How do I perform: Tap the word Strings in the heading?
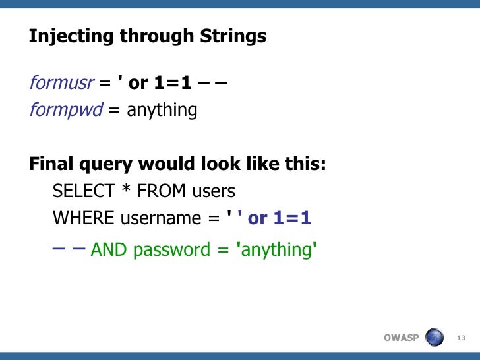[x=233, y=37]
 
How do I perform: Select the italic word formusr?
[x=60, y=84]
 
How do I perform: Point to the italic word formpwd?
[x=66, y=109]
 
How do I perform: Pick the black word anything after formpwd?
[x=162, y=109]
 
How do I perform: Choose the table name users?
[x=214, y=192]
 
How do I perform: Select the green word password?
[x=167, y=251]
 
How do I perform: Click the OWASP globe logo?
[x=435, y=338]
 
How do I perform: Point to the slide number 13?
[x=461, y=338]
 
